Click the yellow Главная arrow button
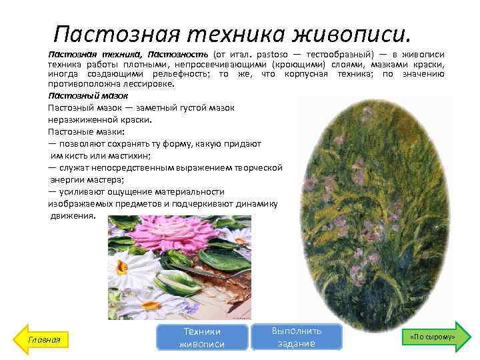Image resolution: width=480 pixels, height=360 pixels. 43,339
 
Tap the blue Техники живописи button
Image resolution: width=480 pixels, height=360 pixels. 201,337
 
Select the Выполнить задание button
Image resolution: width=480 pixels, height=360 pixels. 297,337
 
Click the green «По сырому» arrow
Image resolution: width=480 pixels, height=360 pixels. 433,337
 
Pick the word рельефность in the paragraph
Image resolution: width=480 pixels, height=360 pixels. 179,74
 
